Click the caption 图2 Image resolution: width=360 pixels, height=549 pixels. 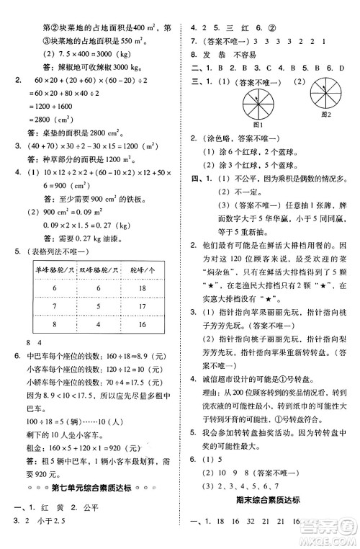point(324,114)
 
